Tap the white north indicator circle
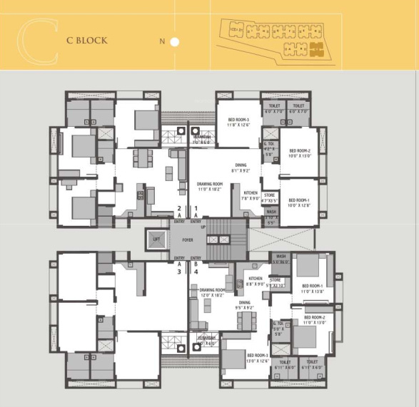click(x=175, y=42)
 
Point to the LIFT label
click(x=156, y=240)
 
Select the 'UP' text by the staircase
click(x=203, y=227)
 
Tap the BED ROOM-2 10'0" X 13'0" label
click(x=298, y=153)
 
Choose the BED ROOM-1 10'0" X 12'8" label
click(x=298, y=203)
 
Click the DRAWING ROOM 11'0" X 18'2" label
click(x=211, y=187)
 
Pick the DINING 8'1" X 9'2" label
click(x=240, y=168)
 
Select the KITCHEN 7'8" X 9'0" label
click(x=250, y=196)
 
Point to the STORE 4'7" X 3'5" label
click(x=270, y=197)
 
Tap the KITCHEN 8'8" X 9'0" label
click(x=256, y=282)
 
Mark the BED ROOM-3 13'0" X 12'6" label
click(x=257, y=358)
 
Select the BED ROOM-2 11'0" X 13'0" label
click(x=314, y=320)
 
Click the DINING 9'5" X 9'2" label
click(x=245, y=305)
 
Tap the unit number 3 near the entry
click(x=179, y=272)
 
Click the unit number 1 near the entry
click(x=196, y=208)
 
